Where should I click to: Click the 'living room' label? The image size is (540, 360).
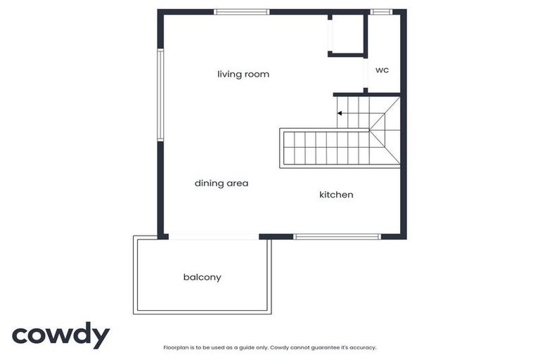click(243, 74)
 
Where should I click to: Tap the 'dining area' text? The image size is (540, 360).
click(221, 183)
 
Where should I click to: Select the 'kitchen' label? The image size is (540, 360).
click(336, 194)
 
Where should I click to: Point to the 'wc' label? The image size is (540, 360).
click(382, 70)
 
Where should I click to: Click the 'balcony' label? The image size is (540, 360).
click(202, 277)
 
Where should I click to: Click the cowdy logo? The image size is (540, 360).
click(60, 335)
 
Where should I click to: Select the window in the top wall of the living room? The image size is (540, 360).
click(242, 12)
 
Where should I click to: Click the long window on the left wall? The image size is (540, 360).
click(160, 95)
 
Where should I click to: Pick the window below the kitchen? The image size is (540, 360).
click(337, 236)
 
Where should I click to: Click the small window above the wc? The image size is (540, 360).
click(382, 12)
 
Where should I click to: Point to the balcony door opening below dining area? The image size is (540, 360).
click(213, 236)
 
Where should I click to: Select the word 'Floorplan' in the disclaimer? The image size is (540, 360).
click(174, 347)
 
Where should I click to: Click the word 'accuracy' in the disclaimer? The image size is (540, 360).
click(363, 347)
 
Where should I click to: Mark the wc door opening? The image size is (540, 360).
click(366, 73)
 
